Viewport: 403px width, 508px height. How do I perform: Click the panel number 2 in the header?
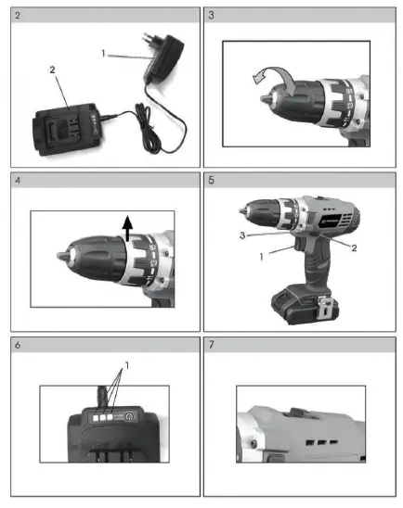click(17, 16)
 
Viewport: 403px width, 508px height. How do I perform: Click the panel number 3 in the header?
click(213, 16)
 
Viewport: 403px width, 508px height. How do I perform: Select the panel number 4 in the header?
click(17, 182)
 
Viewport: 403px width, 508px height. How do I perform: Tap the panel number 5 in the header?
click(213, 182)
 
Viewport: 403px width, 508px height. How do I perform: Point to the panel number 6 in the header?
click(17, 347)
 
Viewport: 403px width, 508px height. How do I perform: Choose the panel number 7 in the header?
click(213, 347)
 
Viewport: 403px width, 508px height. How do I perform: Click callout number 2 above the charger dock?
click(53, 70)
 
